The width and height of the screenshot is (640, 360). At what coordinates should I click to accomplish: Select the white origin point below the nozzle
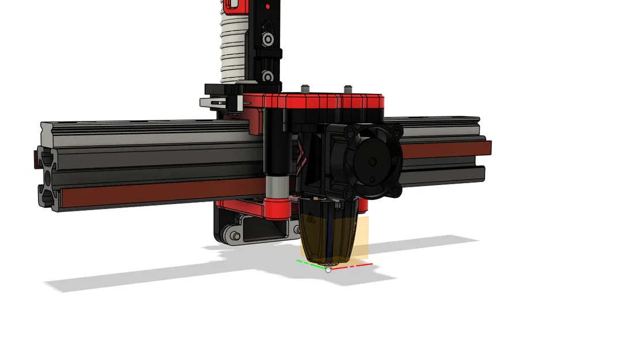328,269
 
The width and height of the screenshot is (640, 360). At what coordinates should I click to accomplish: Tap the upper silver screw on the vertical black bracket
268,39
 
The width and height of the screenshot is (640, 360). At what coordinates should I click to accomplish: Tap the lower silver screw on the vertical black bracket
267,76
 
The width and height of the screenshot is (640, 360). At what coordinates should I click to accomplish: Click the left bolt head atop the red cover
305,89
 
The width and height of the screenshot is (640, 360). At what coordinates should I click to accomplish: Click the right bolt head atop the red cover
348,88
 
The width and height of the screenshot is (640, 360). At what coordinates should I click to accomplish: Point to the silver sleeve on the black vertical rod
275,185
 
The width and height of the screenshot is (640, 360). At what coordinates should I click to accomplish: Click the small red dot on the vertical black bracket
267,6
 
